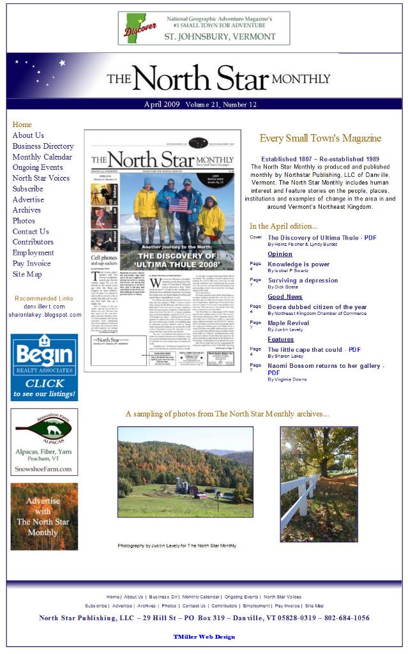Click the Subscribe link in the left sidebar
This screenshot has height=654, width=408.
tap(28, 189)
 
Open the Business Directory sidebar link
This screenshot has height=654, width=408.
tap(43, 146)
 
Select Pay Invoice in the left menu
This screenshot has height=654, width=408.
tap(31, 264)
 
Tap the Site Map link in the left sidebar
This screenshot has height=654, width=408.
tap(27, 275)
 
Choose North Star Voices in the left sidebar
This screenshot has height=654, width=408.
tap(41, 178)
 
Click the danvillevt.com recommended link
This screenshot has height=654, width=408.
tap(44, 307)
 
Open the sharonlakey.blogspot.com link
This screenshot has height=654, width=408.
tap(45, 315)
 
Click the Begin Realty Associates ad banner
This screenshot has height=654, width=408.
tap(44, 367)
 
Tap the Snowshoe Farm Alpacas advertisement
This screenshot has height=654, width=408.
tap(44, 442)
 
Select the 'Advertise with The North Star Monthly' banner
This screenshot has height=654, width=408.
tap(44, 517)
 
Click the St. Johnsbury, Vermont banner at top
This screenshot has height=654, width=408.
tap(204, 28)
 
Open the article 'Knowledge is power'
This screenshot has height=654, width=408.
tap(298, 264)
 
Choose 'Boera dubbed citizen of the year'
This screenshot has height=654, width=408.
tap(317, 307)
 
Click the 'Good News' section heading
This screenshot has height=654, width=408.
tap(285, 297)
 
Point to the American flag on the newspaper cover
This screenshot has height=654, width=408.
tap(179, 205)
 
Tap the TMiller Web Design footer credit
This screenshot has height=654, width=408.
tap(204, 637)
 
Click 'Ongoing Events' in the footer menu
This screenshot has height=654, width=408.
tap(241, 597)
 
